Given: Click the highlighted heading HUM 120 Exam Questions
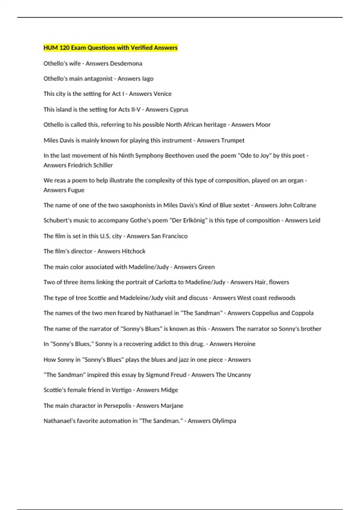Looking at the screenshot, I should coord(110,48).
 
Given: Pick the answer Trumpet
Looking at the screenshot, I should coord(233,140).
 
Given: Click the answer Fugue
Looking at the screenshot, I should coord(76,190).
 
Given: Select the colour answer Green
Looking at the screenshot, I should coord(205,267).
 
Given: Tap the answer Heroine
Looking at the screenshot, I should coord(244,344).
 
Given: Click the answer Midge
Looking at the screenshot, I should coord(169,390).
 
